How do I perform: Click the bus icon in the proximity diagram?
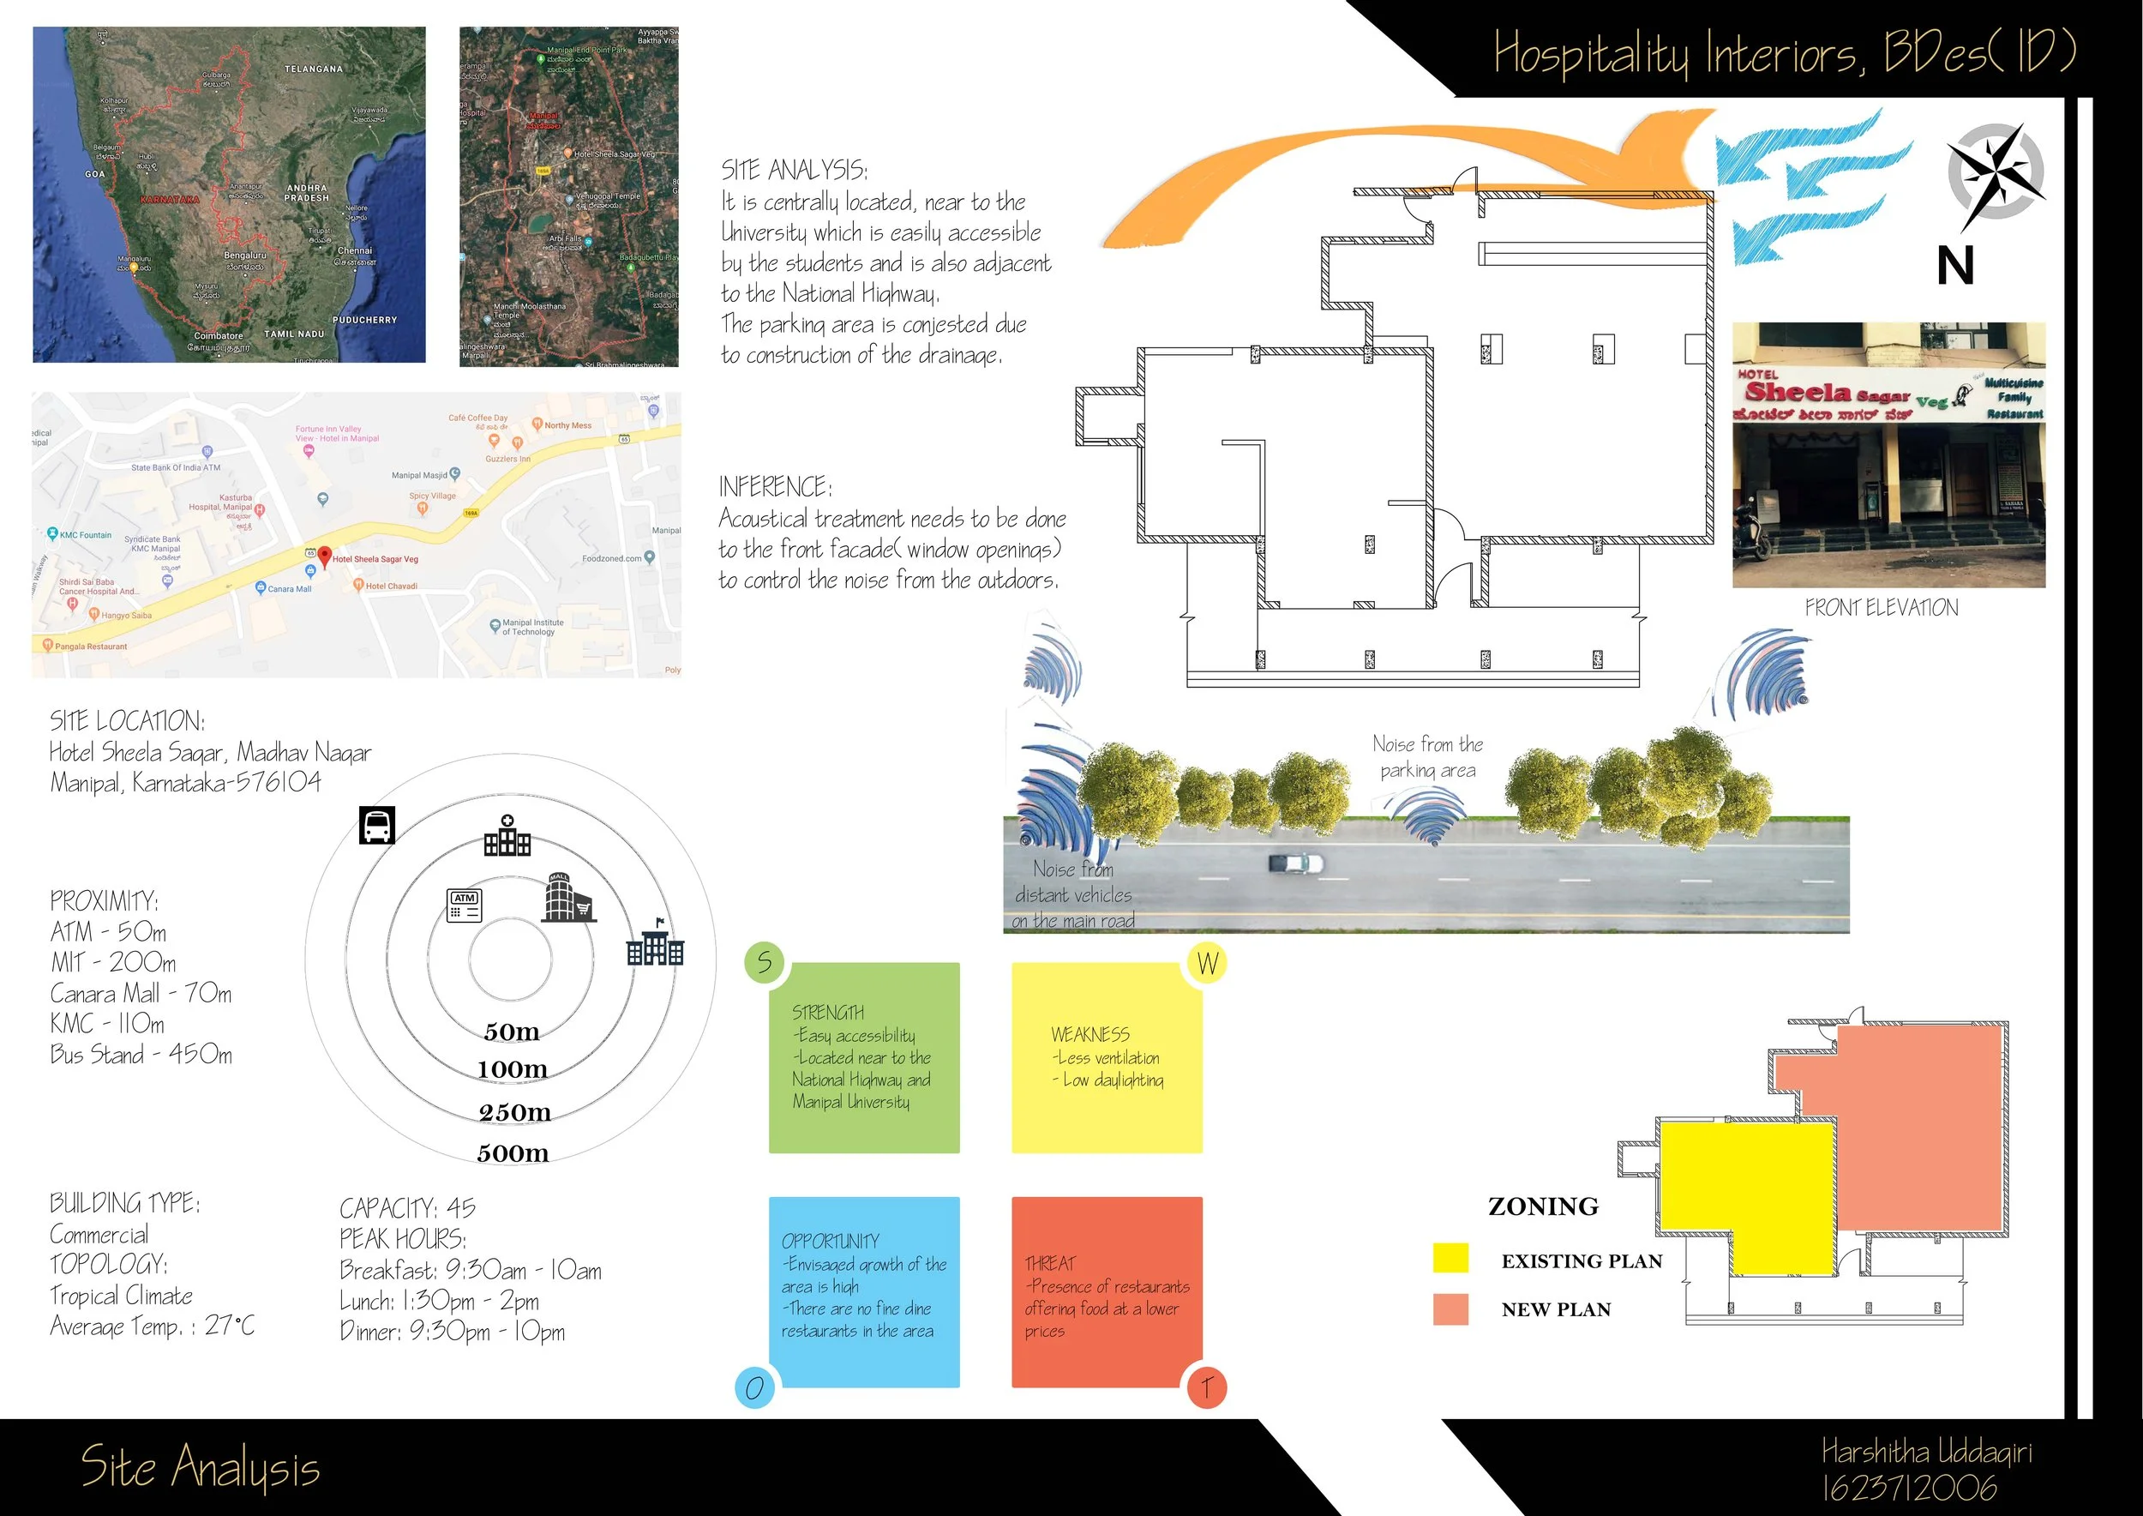pos(377,825)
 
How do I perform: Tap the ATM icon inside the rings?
pos(465,904)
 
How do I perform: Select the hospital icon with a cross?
pos(507,836)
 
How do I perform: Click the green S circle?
pos(764,961)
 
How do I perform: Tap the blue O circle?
pos(754,1387)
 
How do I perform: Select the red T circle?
pos(1206,1387)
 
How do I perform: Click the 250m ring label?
pos(514,1112)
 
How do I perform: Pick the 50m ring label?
pos(512,1032)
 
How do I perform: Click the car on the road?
pos(1295,863)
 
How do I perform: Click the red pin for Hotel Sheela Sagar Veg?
pos(324,556)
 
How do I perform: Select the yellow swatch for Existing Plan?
pos(1450,1259)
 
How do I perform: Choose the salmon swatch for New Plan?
pos(1450,1308)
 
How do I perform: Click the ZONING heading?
pos(1543,1206)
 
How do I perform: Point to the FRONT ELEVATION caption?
pos(1881,608)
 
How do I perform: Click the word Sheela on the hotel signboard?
pos(1797,392)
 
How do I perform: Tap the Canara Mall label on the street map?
pos(290,589)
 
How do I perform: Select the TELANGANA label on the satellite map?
pos(314,69)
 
